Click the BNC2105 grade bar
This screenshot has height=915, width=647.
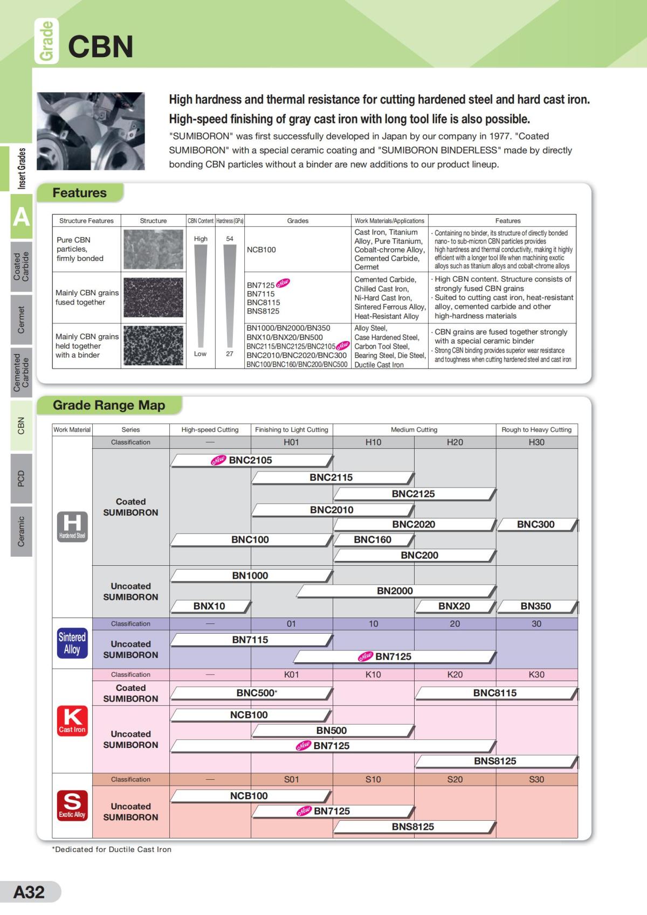[251, 460]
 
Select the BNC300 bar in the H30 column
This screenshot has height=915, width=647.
[536, 524]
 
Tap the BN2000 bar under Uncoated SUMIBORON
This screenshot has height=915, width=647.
[395, 591]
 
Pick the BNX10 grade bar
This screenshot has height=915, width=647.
[210, 606]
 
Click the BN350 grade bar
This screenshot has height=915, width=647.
[536, 606]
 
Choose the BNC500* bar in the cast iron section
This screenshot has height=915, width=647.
[251, 693]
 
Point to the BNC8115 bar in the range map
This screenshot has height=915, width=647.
[495, 693]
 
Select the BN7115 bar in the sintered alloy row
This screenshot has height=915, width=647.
[251, 640]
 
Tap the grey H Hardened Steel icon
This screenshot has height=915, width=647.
[72, 526]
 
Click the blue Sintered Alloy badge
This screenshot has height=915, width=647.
[72, 643]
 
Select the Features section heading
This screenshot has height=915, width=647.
[80, 193]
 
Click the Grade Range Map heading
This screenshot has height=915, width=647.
[109, 405]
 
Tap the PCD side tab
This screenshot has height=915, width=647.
[22, 478]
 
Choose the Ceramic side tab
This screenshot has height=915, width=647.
[22, 531]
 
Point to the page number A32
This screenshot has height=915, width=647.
[30, 892]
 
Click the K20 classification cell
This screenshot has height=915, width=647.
[455, 675]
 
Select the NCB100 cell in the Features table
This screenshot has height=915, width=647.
[298, 249]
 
